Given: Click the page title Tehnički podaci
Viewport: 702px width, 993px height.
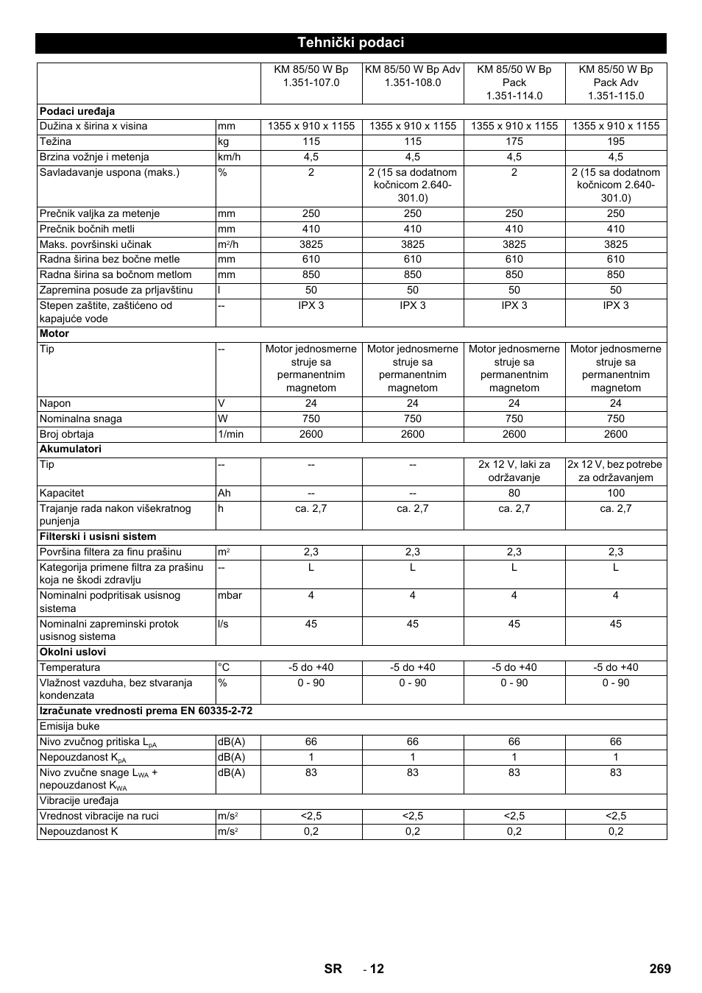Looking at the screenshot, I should [350, 43].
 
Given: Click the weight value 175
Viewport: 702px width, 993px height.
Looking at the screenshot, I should [514, 141].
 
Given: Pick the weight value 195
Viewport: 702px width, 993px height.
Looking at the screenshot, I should [616, 141].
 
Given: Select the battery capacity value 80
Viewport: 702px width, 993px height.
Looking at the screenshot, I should [514, 493].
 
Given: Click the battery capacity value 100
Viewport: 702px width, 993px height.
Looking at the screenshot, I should [616, 493].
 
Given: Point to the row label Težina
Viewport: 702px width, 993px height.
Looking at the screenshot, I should [56, 141].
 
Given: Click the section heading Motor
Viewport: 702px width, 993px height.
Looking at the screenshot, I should [54, 333].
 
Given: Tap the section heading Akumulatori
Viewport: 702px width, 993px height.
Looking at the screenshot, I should [71, 449].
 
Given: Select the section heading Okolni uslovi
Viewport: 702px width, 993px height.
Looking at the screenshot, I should [73, 652].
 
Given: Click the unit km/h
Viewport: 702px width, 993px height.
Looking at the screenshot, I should [230, 157].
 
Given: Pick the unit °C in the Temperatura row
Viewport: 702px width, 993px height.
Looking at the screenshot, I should [224, 667].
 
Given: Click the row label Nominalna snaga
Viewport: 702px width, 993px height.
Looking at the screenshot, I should [81, 419].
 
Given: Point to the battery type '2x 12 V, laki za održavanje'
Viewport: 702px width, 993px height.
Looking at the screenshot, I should [514, 471].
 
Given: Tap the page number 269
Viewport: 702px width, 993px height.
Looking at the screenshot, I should [660, 969].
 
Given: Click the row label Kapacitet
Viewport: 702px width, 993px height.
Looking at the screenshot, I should [62, 493].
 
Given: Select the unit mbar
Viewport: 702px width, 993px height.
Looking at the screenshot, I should [230, 595].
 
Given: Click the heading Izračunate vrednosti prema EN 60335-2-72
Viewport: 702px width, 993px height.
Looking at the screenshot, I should [146, 711].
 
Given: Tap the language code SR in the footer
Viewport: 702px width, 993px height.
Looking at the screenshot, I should [333, 969].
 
